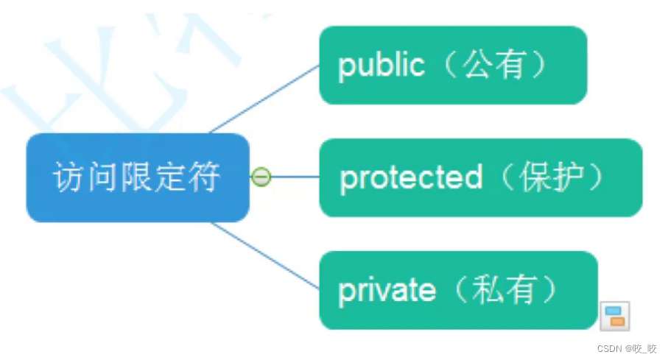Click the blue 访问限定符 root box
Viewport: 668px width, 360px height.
136,177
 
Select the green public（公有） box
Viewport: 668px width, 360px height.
452,65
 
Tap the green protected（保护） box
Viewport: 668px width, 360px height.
480,177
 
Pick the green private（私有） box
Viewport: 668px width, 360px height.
457,290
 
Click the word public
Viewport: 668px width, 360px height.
381,66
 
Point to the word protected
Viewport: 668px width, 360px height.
411,178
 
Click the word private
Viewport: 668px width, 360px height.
386,291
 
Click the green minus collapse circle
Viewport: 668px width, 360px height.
261,177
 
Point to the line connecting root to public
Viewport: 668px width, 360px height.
265,99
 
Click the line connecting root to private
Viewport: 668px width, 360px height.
265,254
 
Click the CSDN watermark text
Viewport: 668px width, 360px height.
626,348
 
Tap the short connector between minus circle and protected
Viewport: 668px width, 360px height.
295,177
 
